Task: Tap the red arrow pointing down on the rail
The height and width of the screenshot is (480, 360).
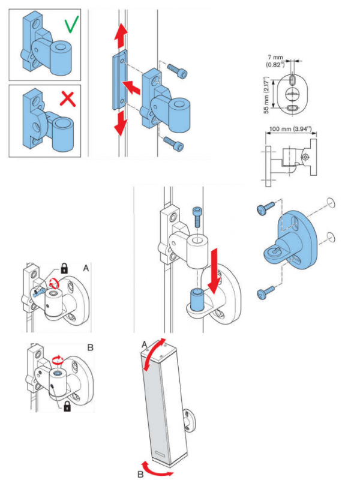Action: pyautogui.click(x=121, y=122)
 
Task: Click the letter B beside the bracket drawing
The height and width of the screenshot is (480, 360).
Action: pyautogui.click(x=89, y=347)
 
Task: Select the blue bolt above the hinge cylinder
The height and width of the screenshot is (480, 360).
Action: pyautogui.click(x=199, y=215)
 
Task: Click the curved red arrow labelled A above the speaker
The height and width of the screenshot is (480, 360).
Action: pyautogui.click(x=155, y=350)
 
